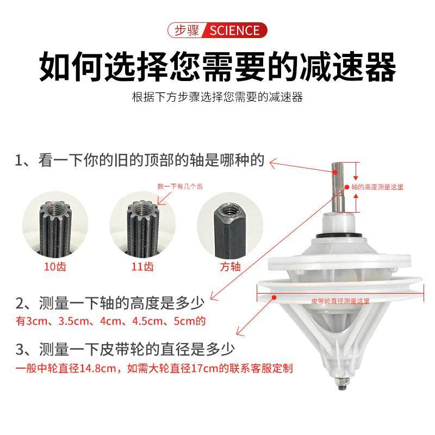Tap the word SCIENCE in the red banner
tap(234, 30)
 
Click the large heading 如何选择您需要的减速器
tap(217, 67)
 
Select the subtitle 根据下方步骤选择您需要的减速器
tap(217, 97)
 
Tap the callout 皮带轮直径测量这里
tap(340, 300)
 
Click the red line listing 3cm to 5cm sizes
tap(111, 321)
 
